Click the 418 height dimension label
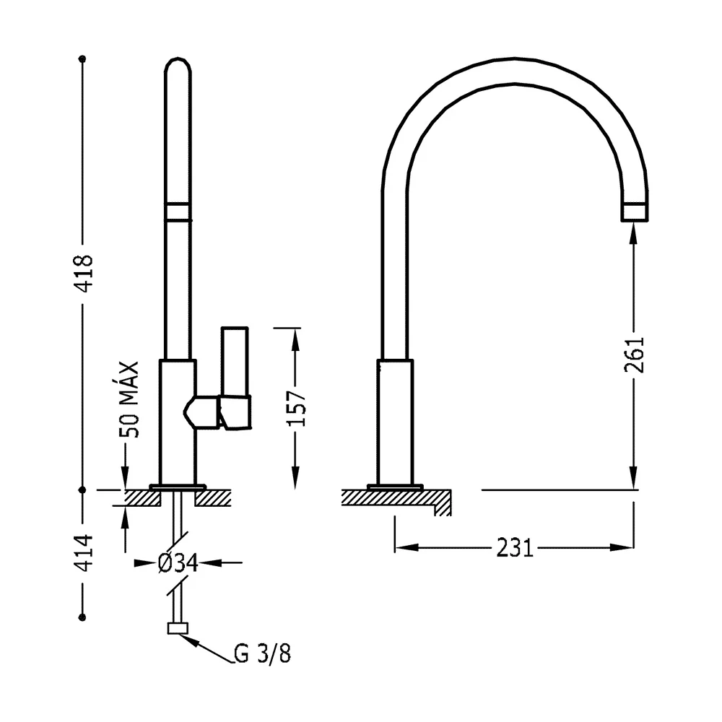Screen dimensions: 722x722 pyautogui.click(x=84, y=273)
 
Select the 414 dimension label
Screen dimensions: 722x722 pyautogui.click(x=84, y=553)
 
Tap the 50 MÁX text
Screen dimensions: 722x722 pyautogui.click(x=129, y=399)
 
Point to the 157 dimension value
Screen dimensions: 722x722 pyautogui.click(x=295, y=409)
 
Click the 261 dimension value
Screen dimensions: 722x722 pyautogui.click(x=634, y=355)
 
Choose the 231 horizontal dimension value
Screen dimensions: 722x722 pyautogui.click(x=515, y=548)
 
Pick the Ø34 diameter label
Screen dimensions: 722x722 pyautogui.click(x=178, y=562)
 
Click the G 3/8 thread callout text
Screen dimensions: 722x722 pyautogui.click(x=263, y=653)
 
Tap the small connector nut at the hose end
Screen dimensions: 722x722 pyautogui.click(x=178, y=629)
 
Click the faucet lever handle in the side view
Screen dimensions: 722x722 pyautogui.click(x=235, y=378)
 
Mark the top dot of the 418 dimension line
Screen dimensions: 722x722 pyautogui.click(x=82, y=59)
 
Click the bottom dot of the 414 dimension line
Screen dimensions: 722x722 pyautogui.click(x=82, y=617)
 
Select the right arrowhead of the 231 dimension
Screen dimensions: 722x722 pyautogui.click(x=622, y=547)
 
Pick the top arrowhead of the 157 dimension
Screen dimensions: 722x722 pyautogui.click(x=295, y=340)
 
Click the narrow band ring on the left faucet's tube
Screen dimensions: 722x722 pyautogui.click(x=178, y=212)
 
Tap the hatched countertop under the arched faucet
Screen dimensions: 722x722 pyautogui.click(x=396, y=500)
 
